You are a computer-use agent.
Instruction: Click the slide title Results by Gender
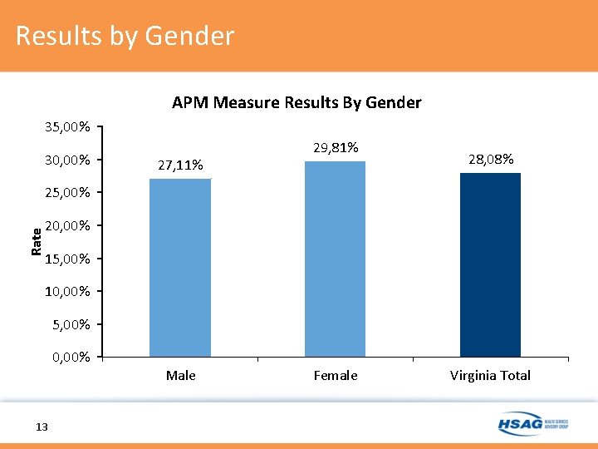pyautogui.click(x=125, y=37)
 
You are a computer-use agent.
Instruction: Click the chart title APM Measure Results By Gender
pyautogui.click(x=297, y=102)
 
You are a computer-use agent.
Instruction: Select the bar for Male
pyautogui.click(x=180, y=268)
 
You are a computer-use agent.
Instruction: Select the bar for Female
pyautogui.click(x=335, y=259)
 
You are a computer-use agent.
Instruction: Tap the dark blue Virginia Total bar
pyautogui.click(x=490, y=264)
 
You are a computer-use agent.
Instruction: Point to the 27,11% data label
pyautogui.click(x=180, y=165)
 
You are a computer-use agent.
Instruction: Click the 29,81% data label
pyautogui.click(x=336, y=147)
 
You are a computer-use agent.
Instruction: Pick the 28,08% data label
pyautogui.click(x=490, y=159)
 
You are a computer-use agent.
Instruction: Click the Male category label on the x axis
pyautogui.click(x=180, y=375)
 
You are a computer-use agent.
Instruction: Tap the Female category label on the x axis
pyautogui.click(x=336, y=375)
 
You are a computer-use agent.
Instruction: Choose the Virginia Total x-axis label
pyautogui.click(x=490, y=375)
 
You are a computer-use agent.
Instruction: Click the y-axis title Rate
pyautogui.click(x=36, y=241)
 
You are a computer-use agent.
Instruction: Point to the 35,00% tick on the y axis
pyautogui.click(x=67, y=127)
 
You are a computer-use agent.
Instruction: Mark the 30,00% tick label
pyautogui.click(x=67, y=160)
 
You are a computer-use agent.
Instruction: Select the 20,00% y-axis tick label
pyautogui.click(x=67, y=225)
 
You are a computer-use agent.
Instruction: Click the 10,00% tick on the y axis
pyautogui.click(x=67, y=291)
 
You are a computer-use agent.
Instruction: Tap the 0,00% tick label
pyautogui.click(x=71, y=357)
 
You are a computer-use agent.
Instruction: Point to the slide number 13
pyautogui.click(x=42, y=427)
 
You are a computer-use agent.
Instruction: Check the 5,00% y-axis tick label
pyautogui.click(x=71, y=323)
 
